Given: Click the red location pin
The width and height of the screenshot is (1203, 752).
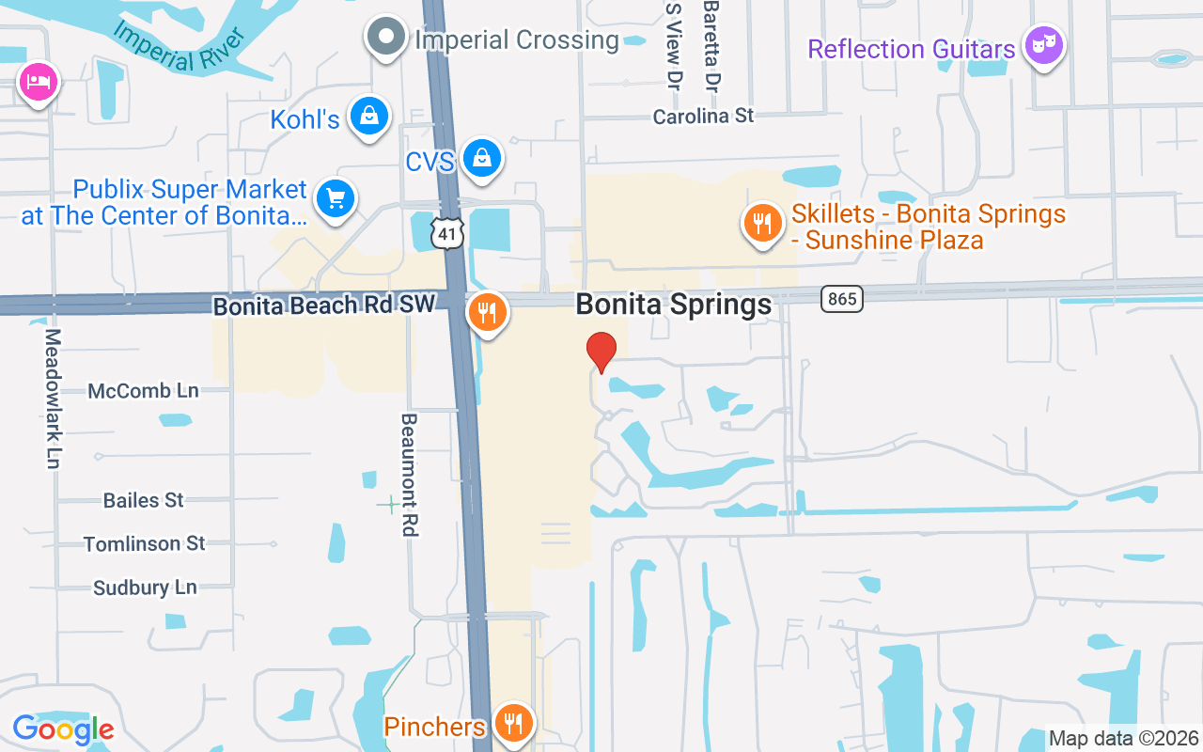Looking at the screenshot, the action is coord(601,352).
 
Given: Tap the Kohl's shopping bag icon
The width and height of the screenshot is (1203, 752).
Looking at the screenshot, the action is coord(369,117).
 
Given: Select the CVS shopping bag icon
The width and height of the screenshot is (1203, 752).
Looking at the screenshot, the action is coord(482,158).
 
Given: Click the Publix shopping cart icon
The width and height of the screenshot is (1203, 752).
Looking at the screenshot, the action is coord(336,199).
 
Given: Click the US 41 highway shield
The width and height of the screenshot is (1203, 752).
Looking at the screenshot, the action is coord(448,234).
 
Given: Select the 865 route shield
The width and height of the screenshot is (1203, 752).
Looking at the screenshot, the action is coord(841,299).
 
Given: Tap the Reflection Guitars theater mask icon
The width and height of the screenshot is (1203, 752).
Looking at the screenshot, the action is coord(1042,44).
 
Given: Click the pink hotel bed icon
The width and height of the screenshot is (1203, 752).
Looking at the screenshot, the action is coord(38,83).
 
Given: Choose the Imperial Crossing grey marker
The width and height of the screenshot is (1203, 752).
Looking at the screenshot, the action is coord(385,38).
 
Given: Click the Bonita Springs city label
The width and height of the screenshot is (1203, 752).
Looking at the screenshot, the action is coord(673,305).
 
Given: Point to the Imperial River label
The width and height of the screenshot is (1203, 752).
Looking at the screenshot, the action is coord(179,44).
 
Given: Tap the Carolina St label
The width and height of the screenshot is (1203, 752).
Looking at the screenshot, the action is coord(704,117).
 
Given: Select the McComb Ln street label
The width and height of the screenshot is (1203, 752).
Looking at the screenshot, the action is coord(143,391).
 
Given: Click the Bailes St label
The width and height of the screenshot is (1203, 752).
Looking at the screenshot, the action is coord(144,500).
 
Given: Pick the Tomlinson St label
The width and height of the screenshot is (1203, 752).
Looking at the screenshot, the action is coord(144,544).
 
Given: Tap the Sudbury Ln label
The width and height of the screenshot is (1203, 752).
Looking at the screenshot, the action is coord(145,587).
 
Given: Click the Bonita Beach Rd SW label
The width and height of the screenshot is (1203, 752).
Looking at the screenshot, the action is coord(324,305).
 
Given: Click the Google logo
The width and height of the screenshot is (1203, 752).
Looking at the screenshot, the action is coord(63,729).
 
